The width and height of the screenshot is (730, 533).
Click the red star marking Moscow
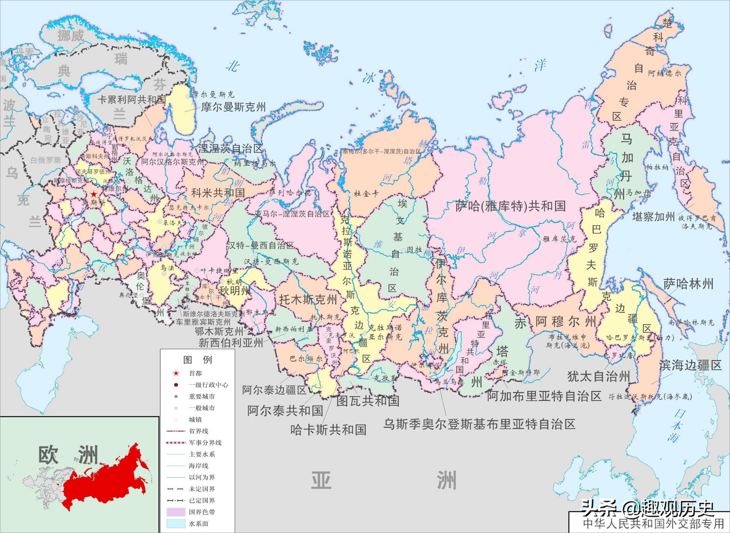94,194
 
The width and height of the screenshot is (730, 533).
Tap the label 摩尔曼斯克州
233,107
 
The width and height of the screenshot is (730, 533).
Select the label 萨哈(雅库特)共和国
510,206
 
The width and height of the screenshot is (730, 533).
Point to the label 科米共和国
218,193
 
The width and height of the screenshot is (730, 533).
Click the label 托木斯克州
308,300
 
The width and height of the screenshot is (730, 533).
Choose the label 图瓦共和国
368,401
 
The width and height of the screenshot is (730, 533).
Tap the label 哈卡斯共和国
328,430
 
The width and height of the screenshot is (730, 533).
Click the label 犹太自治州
599,376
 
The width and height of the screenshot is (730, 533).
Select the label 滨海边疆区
690,365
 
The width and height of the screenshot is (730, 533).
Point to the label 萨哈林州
688,284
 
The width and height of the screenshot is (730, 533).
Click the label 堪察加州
653,217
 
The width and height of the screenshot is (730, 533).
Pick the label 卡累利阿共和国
131,100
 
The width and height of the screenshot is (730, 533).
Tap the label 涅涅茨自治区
230,148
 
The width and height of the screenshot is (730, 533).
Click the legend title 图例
197,360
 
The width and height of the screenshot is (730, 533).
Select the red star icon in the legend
176,373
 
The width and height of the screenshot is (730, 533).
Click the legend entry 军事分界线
205,443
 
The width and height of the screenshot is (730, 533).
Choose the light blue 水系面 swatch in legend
176,524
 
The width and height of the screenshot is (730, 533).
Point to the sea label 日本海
676,425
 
